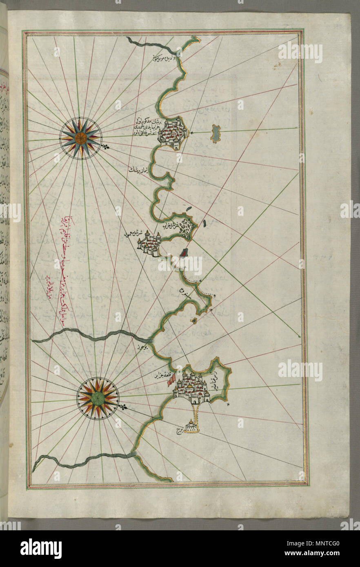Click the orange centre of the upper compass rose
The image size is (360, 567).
click(80, 138)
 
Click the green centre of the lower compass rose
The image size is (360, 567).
click(98, 399)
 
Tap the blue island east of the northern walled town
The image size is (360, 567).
click(216, 134)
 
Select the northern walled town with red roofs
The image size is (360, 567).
click(173, 132)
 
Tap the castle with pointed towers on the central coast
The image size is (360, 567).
click(149, 245)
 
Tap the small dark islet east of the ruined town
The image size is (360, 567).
click(204, 223)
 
